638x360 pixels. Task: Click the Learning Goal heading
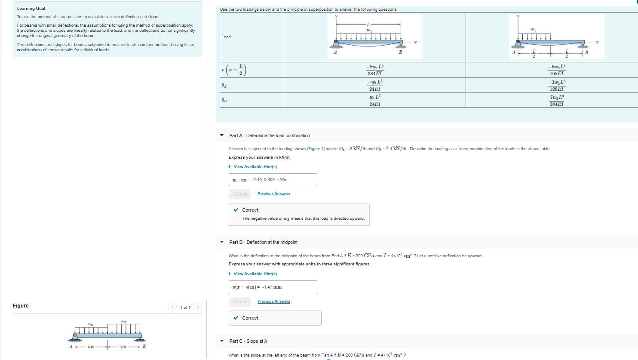click(x=31, y=9)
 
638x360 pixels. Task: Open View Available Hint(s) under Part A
click(x=255, y=167)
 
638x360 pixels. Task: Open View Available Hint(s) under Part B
click(x=255, y=274)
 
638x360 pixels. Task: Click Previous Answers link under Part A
click(x=273, y=194)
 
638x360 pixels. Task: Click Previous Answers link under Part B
click(x=273, y=302)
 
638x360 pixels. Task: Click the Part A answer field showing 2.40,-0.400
click(x=273, y=180)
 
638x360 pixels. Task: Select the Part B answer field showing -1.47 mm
click(x=273, y=287)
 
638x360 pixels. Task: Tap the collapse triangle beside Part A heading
click(x=222, y=135)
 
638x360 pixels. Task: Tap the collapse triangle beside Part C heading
click(x=222, y=341)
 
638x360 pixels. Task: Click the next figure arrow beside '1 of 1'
click(x=198, y=307)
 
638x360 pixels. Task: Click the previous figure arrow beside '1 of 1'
click(x=172, y=307)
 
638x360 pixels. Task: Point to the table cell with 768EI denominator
click(x=556, y=70)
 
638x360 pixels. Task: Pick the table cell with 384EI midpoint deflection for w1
click(x=374, y=70)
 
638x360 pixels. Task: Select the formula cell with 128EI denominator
click(x=556, y=85)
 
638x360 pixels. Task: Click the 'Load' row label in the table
click(x=226, y=37)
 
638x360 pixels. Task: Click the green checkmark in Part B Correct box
click(x=236, y=318)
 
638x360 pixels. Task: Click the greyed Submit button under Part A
click(x=240, y=194)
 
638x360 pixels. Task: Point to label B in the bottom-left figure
click(x=144, y=347)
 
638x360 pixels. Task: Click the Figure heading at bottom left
click(x=21, y=306)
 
